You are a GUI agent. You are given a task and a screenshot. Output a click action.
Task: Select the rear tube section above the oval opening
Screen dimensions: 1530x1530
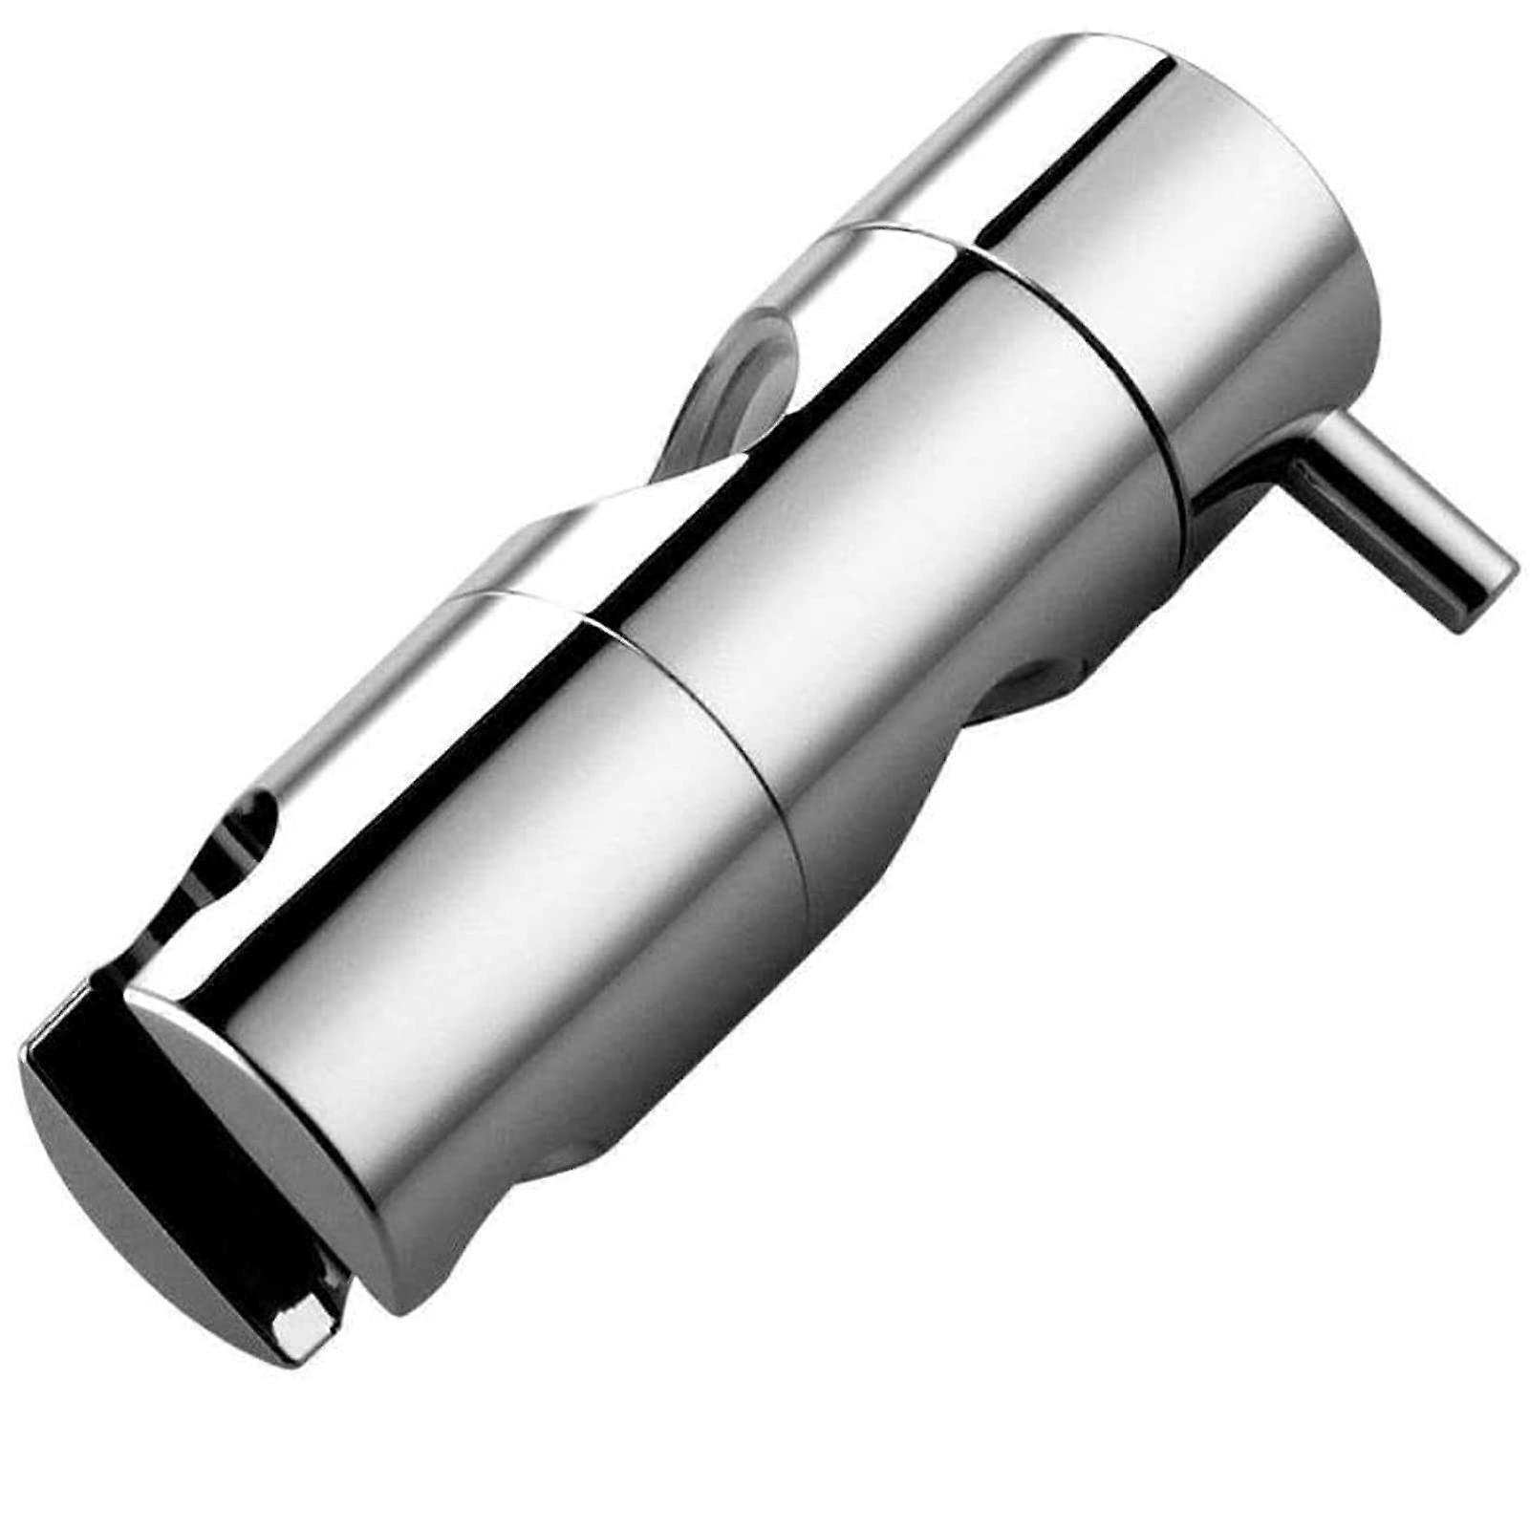[956, 134]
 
